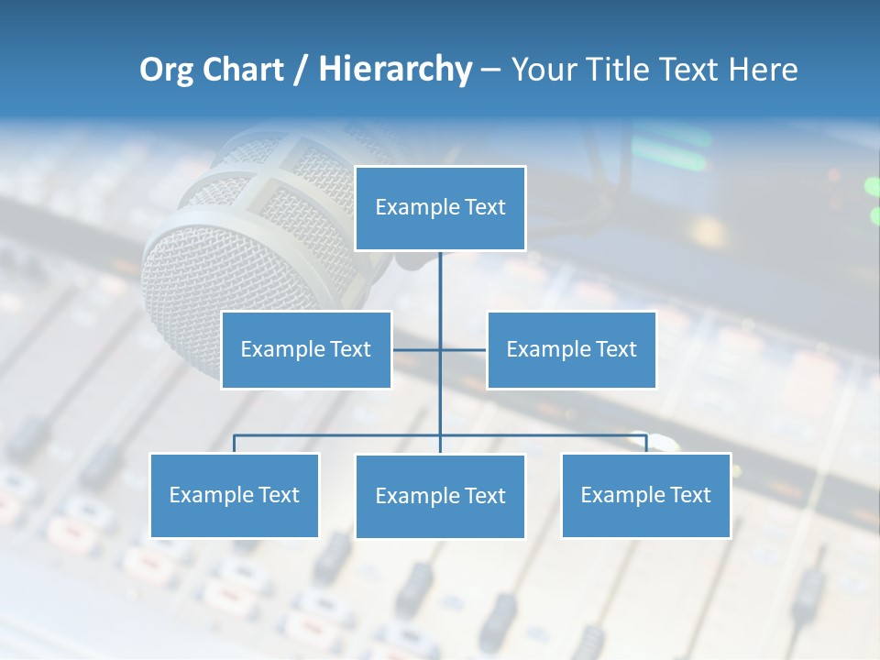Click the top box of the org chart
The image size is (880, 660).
440,208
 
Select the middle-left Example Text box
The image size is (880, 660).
306,349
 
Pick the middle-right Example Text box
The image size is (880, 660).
571,349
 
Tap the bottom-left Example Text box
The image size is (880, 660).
234,495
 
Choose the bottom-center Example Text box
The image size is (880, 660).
440,496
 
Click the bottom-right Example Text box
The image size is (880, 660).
645,495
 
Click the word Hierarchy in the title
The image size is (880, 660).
395,70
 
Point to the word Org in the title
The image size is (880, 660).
166,70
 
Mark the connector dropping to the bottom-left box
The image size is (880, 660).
234,444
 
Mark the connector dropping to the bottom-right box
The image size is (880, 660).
646,444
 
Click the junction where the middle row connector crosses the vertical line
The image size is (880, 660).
440,349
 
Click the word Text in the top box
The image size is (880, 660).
485,207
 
